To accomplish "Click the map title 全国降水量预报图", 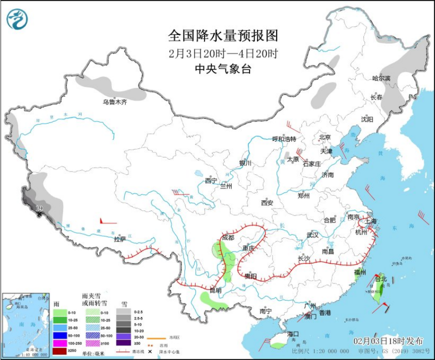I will pyautogui.click(x=222, y=36).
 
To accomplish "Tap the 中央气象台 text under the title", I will pyautogui.click(x=222, y=69).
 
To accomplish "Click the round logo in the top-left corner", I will pyautogui.click(x=17, y=18).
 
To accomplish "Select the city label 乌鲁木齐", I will pyautogui.click(x=115, y=102).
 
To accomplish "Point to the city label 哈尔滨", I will pyautogui.click(x=381, y=78).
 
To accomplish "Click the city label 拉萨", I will pyautogui.click(x=119, y=239).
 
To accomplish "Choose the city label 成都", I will pyautogui.click(x=227, y=238).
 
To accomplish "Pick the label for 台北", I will pyautogui.click(x=381, y=279).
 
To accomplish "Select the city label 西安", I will pyautogui.click(x=266, y=203).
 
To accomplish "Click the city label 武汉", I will pyautogui.click(x=312, y=234).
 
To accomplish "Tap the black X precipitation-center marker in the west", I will pyautogui.click(x=38, y=214).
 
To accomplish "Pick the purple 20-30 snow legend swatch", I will pyautogui.click(x=123, y=335).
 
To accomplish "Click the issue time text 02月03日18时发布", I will pyautogui.click(x=388, y=340).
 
